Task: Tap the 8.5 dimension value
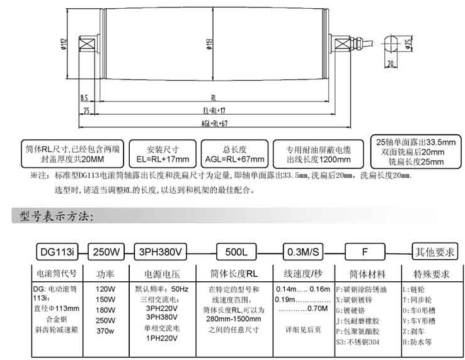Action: (x=85, y=100)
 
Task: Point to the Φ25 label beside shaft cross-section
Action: (x=406, y=44)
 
